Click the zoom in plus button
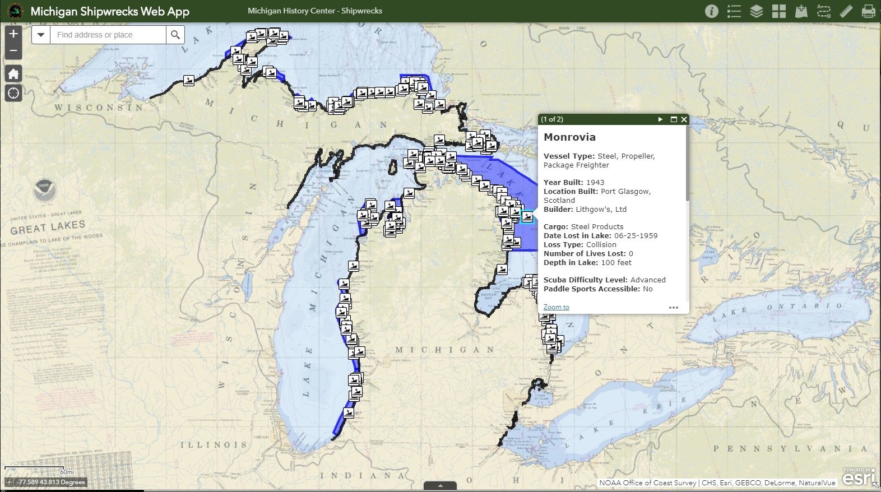13,34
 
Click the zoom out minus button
13,52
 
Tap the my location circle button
13,93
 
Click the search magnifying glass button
175,35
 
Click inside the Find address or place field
109,35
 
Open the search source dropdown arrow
41,35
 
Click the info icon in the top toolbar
712,11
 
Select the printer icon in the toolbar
868,11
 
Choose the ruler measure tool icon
846,11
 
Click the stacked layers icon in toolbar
757,11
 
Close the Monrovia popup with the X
684,119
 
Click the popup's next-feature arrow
660,119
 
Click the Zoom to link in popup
556,307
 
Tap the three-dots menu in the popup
674,307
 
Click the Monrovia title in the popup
569,137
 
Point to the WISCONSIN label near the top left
99,108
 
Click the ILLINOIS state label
214,445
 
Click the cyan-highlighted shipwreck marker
527,216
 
